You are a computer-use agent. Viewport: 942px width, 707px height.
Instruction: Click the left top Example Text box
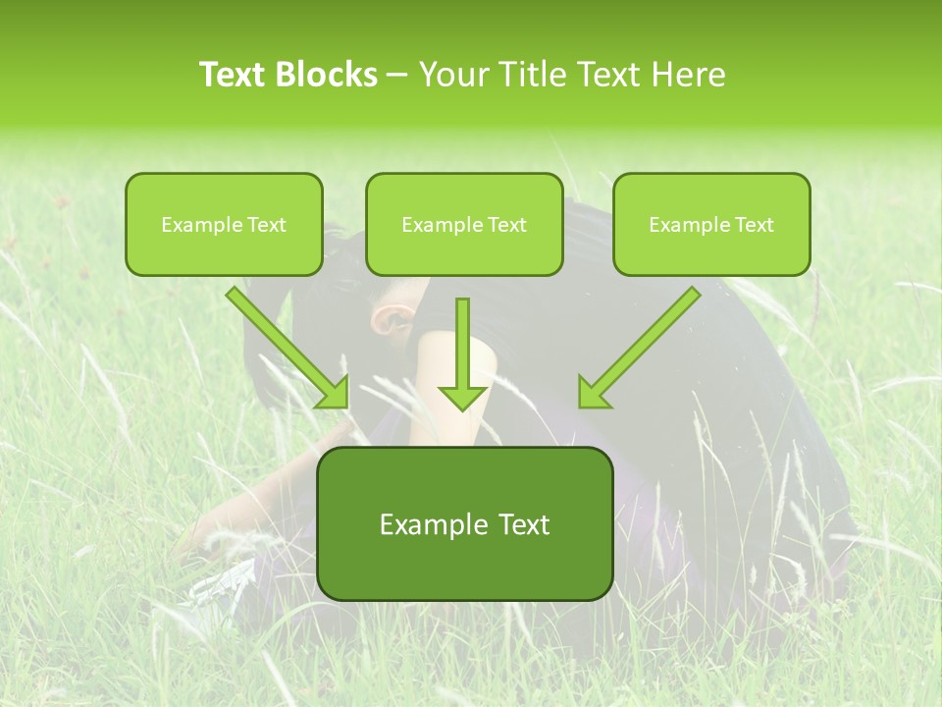coord(224,224)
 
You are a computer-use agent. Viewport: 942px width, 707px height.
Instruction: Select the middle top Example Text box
coord(464,224)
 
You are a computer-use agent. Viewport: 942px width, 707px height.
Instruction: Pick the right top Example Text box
coord(711,224)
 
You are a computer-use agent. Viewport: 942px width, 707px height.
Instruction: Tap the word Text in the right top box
coord(753,225)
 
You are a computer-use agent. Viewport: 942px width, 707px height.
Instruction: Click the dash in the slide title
coord(397,75)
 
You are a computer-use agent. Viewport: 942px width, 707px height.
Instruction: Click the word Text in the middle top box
coord(505,225)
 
